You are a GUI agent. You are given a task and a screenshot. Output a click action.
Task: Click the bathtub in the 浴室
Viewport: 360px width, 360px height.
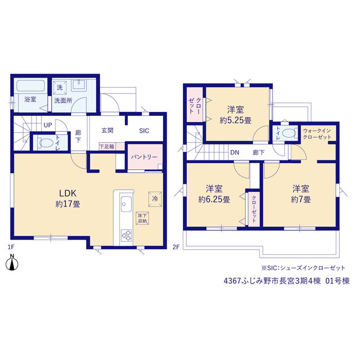(x=30, y=86)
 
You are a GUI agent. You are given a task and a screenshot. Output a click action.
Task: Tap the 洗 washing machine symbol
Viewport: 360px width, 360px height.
(x=60, y=88)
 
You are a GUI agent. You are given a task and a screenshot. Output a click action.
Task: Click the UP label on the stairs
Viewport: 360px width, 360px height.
(x=48, y=125)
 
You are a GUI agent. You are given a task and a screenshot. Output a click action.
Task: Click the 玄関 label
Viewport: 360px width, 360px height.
(x=107, y=130)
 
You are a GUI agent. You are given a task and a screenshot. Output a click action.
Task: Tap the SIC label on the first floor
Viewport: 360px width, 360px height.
(x=144, y=130)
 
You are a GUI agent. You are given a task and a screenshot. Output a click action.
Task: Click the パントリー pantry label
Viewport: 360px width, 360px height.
(x=144, y=157)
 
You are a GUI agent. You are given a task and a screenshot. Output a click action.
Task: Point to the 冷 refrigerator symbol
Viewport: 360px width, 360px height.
(x=155, y=199)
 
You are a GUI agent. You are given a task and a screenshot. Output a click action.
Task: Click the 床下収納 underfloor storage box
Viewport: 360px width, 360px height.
(x=142, y=218)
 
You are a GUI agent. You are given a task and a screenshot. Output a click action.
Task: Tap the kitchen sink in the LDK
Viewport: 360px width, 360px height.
(x=126, y=204)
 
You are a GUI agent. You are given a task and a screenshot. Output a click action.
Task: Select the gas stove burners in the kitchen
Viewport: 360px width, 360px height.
(x=126, y=235)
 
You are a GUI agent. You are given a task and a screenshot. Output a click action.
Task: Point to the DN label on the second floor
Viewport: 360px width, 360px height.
(x=235, y=152)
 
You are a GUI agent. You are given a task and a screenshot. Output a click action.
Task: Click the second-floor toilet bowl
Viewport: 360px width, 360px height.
(x=289, y=133)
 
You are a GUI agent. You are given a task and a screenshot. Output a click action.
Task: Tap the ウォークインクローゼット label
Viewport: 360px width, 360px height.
(x=317, y=134)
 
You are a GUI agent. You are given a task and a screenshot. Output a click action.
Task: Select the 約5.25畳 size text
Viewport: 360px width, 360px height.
(x=236, y=120)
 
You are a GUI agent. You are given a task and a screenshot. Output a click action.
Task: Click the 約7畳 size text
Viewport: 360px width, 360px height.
(x=301, y=199)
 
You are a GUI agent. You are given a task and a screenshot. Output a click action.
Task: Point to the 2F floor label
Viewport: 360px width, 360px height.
(x=176, y=247)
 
